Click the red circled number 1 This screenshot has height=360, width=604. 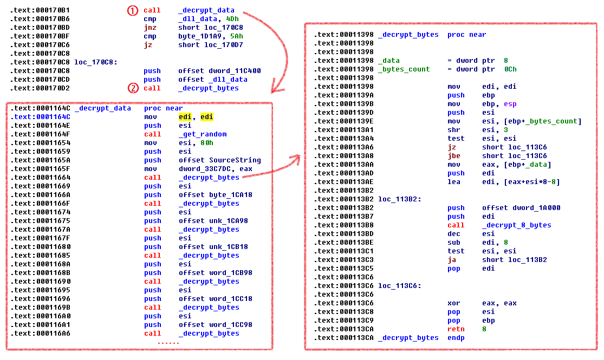tap(133, 10)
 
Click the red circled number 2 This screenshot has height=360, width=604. tap(133, 88)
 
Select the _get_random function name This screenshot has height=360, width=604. tap(203, 134)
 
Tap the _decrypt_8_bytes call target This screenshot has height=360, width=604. tap(517, 225)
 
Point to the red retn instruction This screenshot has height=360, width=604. tap(456, 329)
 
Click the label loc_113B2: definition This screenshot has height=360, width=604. tap(400, 199)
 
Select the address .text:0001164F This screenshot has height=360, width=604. tap(41, 134)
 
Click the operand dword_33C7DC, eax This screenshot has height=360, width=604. tap(216, 169)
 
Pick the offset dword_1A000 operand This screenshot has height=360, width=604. tap(521, 208)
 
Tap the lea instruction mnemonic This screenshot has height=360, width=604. tap(454, 182)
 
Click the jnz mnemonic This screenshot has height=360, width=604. tap(150, 28)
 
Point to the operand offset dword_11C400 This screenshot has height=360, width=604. tap(219, 71)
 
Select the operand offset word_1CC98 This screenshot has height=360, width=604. tap(216, 325)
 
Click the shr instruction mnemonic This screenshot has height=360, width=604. tap(454, 130)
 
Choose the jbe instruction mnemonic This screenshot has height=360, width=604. tap(454, 156)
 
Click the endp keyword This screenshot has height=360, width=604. tap(456, 338)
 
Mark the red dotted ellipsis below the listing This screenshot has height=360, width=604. tap(168, 343)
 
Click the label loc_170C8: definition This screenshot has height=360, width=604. tap(96, 62)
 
